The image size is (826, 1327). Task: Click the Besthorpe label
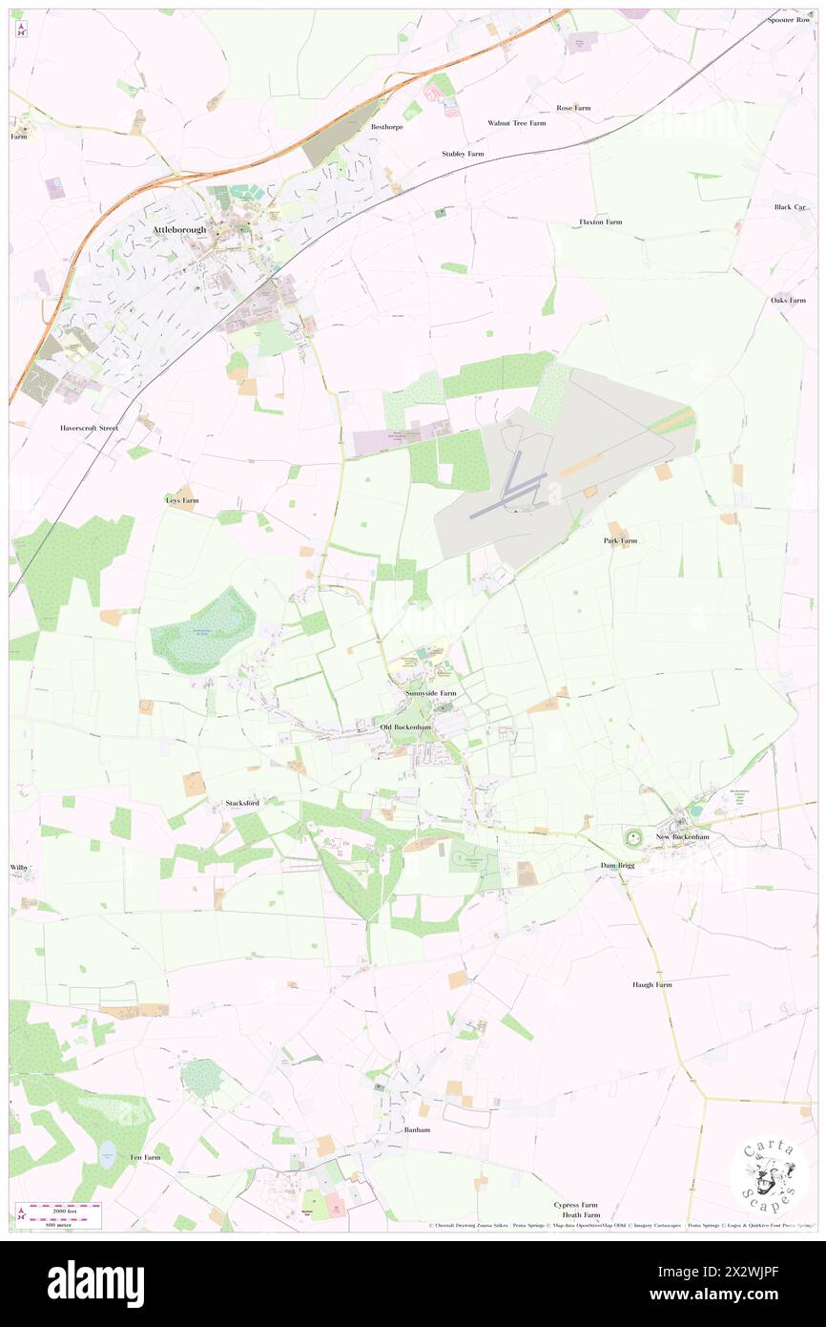[387, 126]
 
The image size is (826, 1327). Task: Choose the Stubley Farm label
[463, 154]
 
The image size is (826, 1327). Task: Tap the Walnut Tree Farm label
[516, 123]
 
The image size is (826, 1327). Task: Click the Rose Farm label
[573, 108]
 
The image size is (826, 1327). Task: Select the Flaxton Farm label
[600, 221]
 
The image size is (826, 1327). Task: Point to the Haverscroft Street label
[89, 428]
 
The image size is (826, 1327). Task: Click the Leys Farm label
[182, 500]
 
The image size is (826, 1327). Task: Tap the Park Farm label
[620, 540]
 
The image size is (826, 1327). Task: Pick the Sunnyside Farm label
[430, 692]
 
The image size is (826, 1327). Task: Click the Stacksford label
[242, 803]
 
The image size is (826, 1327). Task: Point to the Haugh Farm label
[651, 984]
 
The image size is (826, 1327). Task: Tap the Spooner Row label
[789, 20]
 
